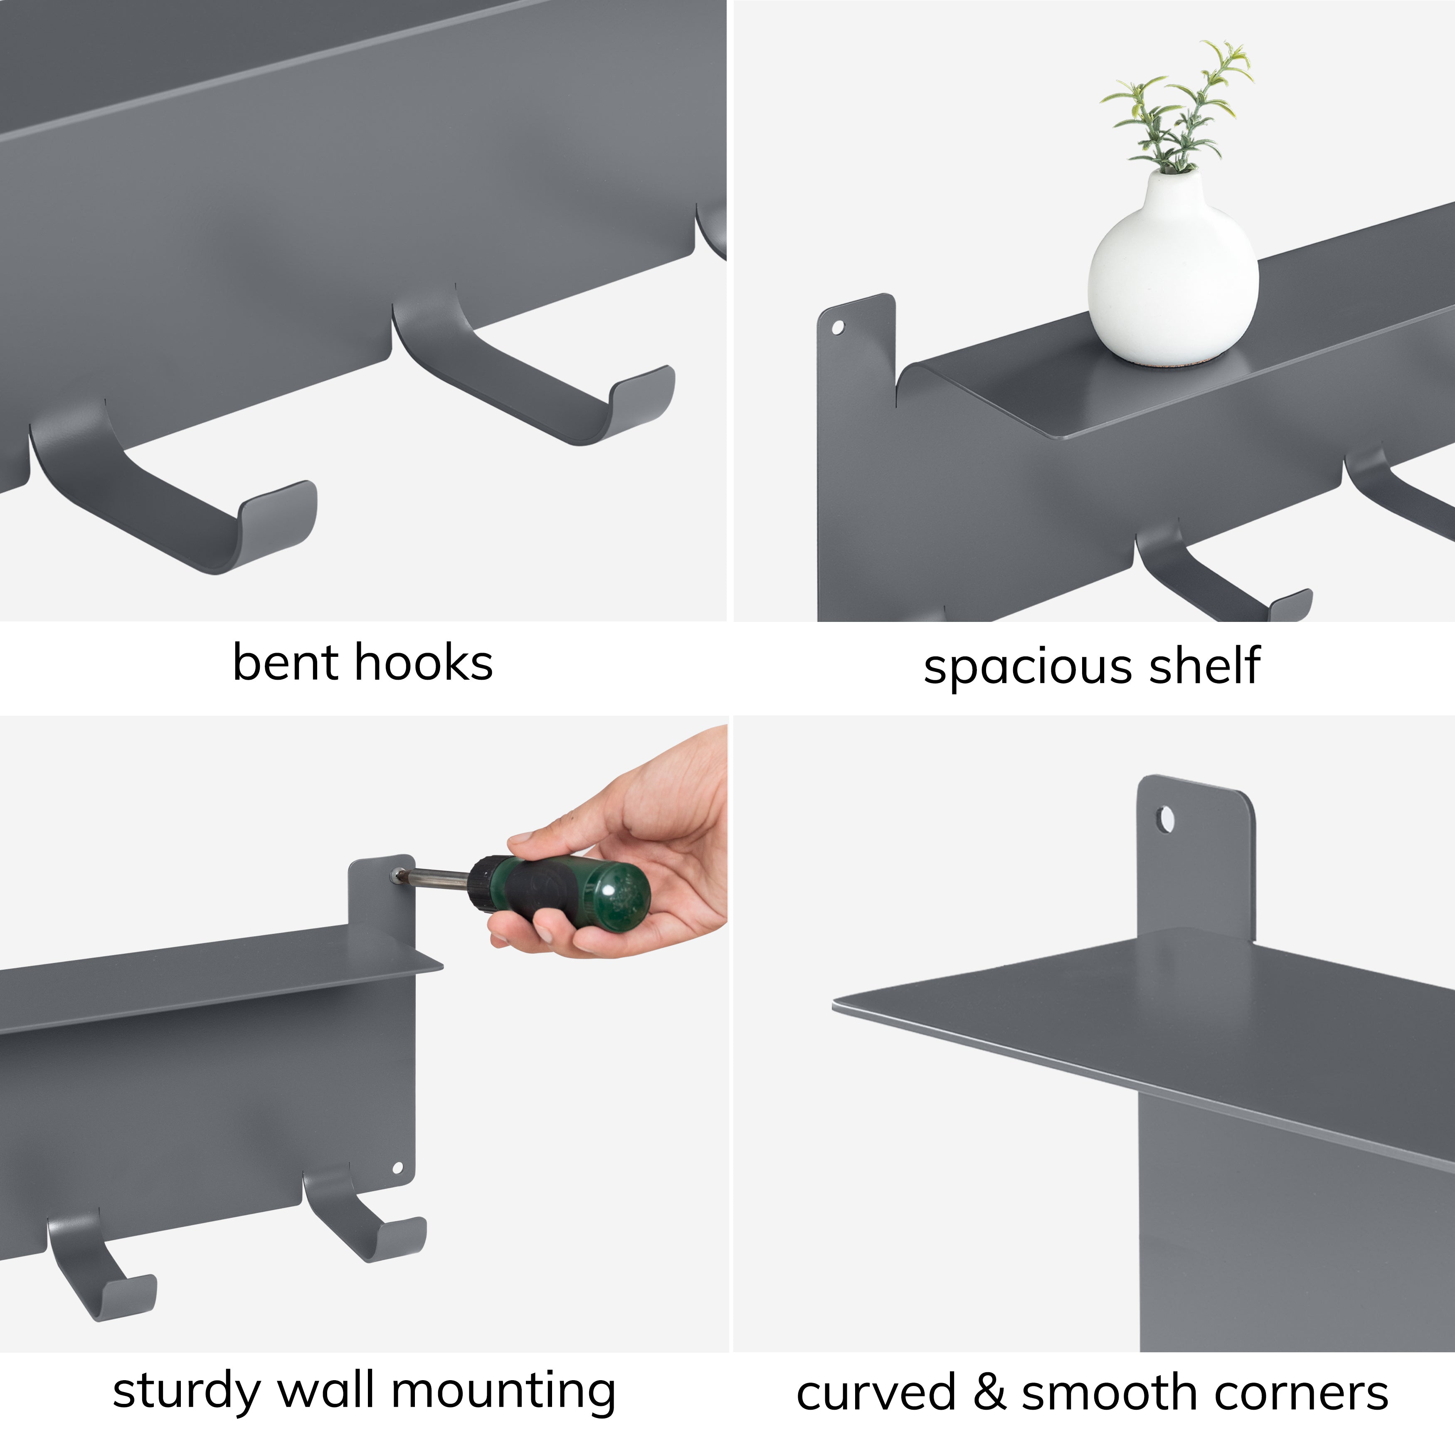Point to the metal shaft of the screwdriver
click(437, 878)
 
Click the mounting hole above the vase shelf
click(837, 328)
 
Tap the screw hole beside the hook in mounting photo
click(398, 1168)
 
